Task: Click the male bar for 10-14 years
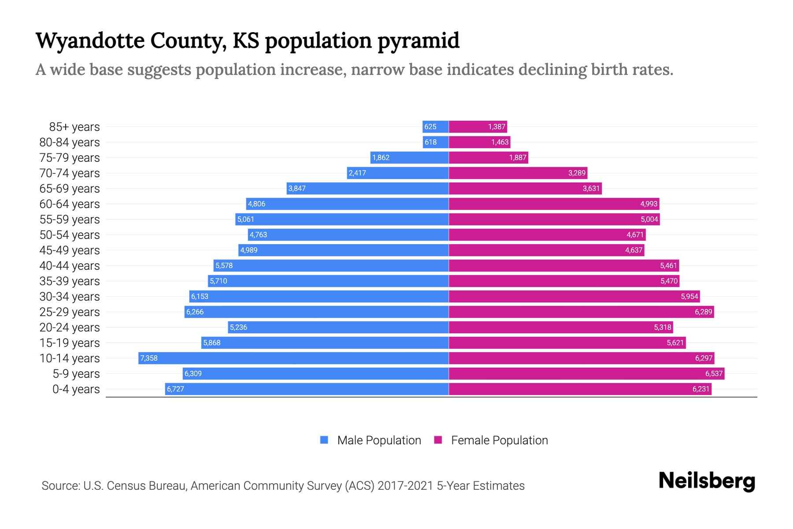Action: coord(293,358)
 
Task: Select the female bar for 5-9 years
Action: coord(586,373)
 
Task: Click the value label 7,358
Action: coord(149,358)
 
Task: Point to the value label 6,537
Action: coord(714,373)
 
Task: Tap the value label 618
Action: coord(430,142)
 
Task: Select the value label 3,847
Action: coord(296,188)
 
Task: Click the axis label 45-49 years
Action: coord(70,250)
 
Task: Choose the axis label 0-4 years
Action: coord(76,389)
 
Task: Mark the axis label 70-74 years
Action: coord(70,173)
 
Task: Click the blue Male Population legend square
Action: coord(324,440)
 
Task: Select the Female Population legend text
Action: coord(499,440)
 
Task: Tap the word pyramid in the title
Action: coord(419,41)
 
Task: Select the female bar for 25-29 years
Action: coord(582,312)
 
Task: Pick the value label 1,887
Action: coord(518,157)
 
